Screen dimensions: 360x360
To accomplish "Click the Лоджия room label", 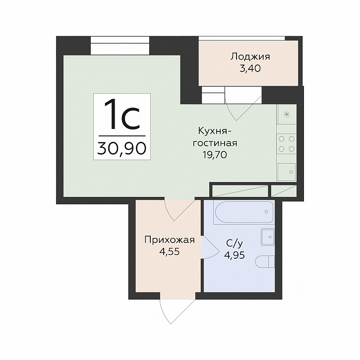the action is (x=250, y=57).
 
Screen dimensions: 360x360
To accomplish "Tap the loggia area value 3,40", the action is (x=250, y=68).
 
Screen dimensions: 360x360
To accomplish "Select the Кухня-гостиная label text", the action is (x=215, y=137).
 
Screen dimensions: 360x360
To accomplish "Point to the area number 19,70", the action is (x=215, y=155).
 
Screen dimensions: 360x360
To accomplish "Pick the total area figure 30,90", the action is (x=122, y=148).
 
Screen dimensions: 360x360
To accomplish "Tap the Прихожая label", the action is (x=170, y=240).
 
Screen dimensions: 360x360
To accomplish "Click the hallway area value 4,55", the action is (x=170, y=251).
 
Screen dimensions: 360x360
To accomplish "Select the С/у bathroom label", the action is (x=234, y=244).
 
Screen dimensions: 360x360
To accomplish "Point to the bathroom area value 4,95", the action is (x=234, y=255).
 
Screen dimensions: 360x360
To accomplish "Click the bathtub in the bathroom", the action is (x=243, y=212).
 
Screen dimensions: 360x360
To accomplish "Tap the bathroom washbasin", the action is (x=267, y=237).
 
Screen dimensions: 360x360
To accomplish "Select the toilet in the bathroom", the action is (x=265, y=262).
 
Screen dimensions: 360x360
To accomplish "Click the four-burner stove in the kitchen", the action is (x=286, y=144).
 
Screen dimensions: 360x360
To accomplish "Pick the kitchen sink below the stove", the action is (x=286, y=172).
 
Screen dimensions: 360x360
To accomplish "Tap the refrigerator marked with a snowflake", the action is (x=287, y=114).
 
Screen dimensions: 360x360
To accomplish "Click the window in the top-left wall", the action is (x=120, y=46).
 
